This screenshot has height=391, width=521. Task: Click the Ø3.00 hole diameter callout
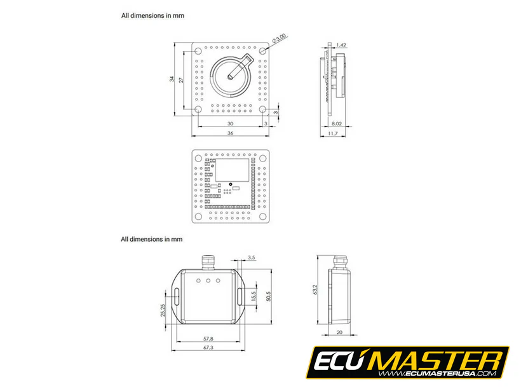280,39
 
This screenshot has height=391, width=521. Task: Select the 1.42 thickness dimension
341,45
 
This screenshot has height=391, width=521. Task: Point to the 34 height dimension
172,79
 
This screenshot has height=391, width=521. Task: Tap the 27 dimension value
181,79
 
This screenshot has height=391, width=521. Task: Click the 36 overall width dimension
230,133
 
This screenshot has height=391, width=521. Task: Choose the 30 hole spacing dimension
230,123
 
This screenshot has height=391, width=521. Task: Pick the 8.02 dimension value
337,123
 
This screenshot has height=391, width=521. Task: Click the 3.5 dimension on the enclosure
251,257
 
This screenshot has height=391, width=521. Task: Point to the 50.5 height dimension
269,296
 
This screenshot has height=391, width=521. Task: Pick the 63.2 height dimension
315,290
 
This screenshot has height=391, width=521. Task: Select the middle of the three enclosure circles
208,280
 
